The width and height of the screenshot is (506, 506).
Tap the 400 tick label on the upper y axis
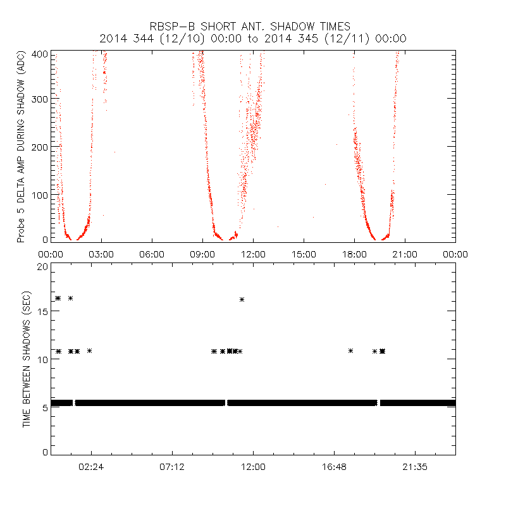39,54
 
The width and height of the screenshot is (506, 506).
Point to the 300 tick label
39,100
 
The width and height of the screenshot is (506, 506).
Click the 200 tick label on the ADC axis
39,147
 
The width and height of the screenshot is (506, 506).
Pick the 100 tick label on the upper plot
39,194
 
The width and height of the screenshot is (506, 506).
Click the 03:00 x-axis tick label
101,254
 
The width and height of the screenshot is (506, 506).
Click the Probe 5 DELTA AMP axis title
22,148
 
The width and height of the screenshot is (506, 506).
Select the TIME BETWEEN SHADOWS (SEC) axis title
27,359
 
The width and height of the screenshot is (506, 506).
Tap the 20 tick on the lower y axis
42,266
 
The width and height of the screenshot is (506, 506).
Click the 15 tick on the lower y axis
42,312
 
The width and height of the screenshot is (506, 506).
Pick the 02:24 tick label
91,467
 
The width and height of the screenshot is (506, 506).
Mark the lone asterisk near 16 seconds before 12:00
242,299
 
